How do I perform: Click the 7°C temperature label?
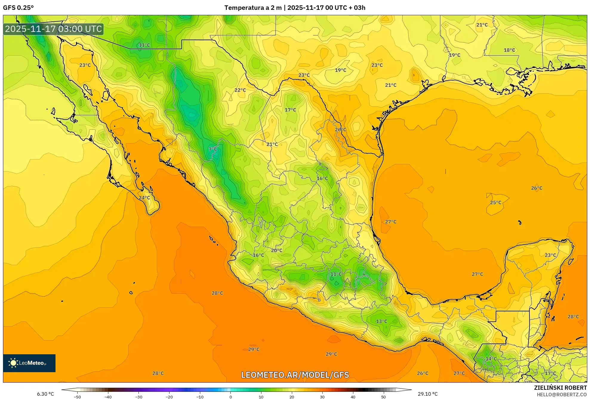212,149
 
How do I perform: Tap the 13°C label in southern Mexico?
381,321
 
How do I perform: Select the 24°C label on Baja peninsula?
144,198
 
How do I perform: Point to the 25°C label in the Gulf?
496,202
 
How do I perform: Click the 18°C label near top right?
509,50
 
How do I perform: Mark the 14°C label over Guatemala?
491,359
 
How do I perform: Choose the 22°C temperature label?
240,90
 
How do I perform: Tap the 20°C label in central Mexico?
276,250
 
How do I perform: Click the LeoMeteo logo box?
29,363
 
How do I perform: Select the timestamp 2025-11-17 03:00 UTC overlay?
53,29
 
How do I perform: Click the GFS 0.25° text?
19,8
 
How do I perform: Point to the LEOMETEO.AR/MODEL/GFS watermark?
295,375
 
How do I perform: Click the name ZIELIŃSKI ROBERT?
560,388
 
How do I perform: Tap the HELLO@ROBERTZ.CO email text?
562,395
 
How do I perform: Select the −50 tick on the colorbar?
77,397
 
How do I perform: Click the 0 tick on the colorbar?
230,397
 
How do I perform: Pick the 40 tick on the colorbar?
353,397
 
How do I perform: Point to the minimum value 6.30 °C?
45,394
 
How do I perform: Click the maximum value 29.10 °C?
427,394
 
